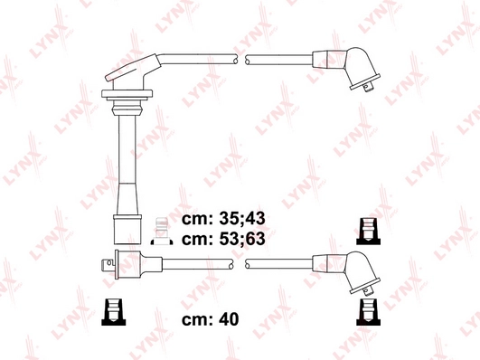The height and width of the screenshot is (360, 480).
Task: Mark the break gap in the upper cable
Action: (x=243, y=60)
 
